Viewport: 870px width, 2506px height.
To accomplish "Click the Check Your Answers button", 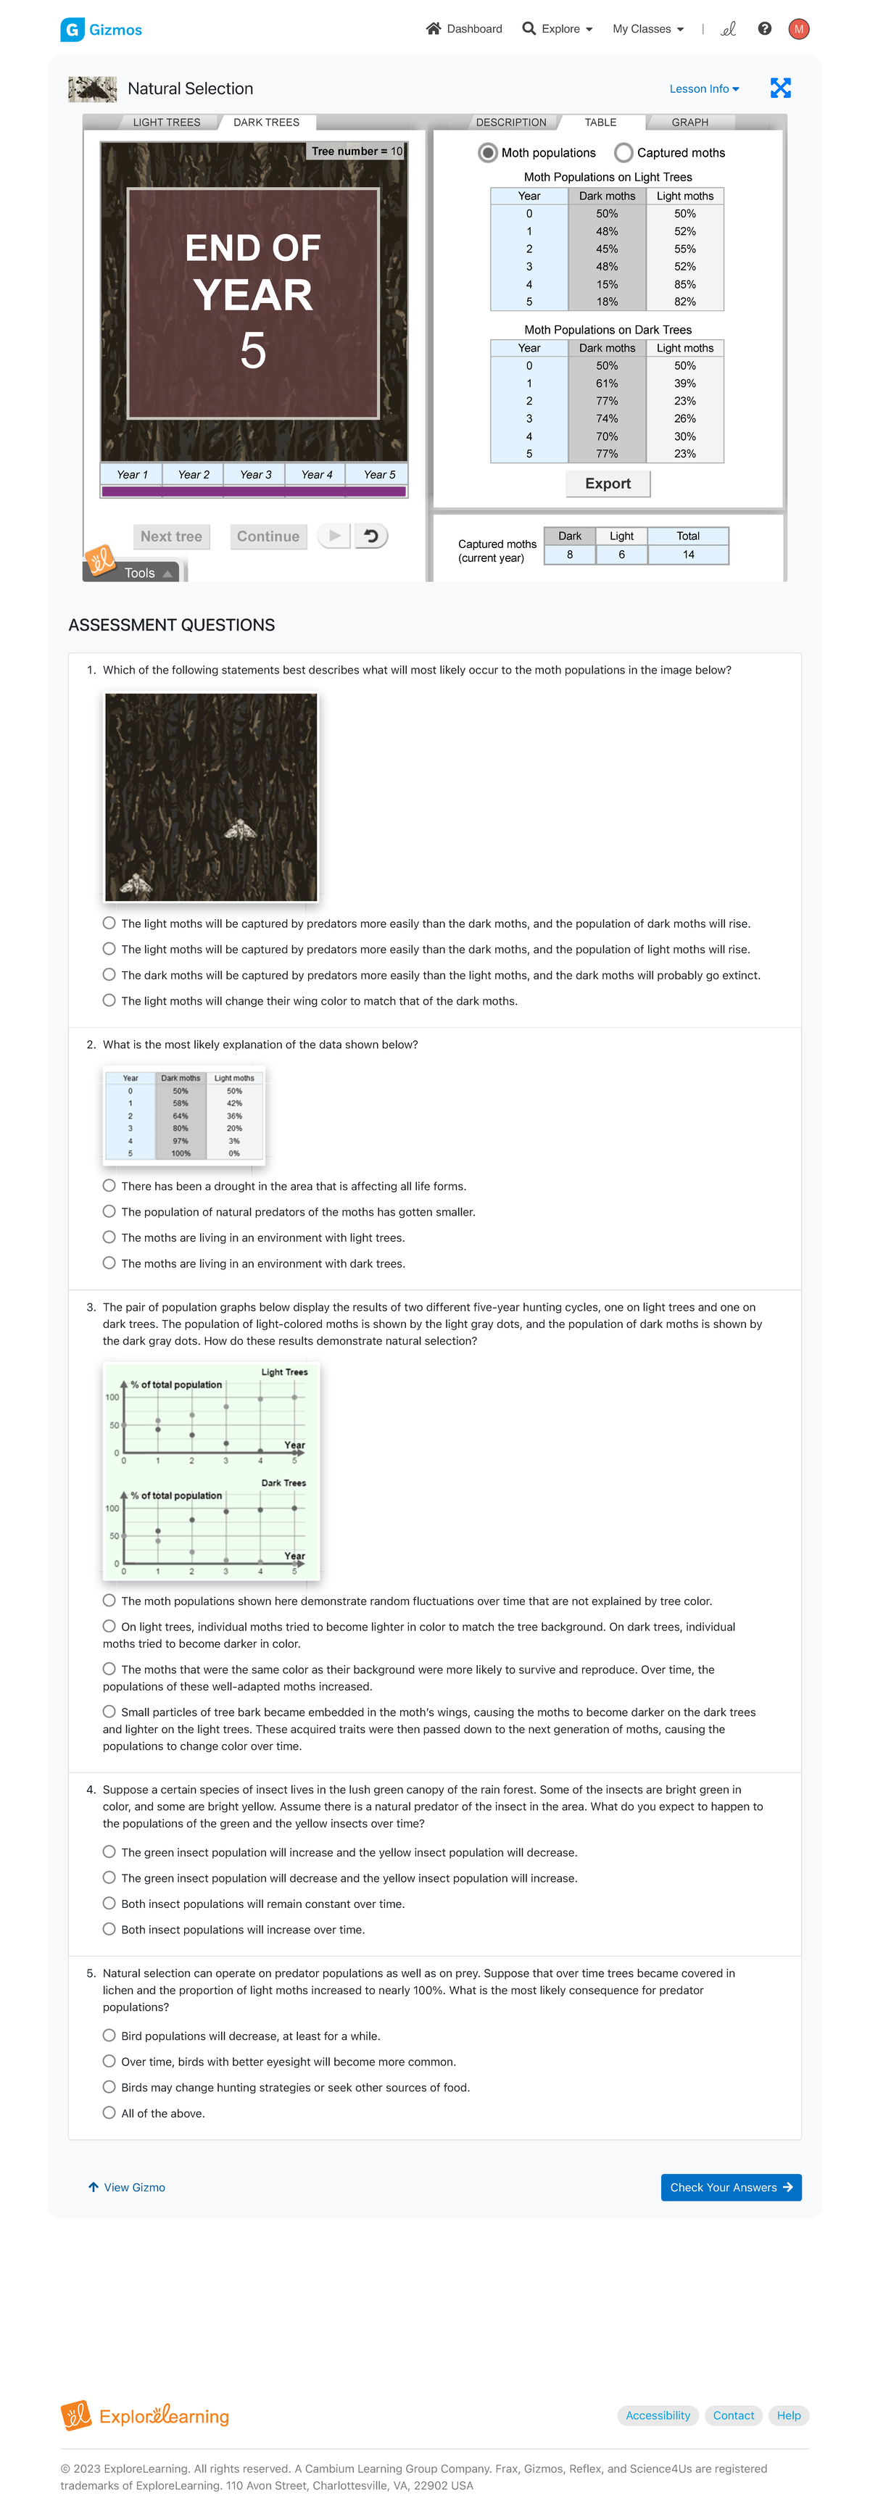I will [730, 2187].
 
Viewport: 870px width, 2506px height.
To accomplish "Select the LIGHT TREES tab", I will [167, 123].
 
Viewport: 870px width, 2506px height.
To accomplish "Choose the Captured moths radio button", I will [623, 153].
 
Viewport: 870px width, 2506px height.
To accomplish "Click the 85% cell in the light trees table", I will [684, 284].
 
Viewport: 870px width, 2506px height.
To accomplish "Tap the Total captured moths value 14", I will [688, 555].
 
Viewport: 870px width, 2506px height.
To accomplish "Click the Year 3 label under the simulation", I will [255, 475].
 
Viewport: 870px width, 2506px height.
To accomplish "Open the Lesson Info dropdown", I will [703, 88].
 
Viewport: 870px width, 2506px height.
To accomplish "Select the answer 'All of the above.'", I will [109, 2113].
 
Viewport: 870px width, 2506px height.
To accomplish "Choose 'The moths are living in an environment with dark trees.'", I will [109, 1263].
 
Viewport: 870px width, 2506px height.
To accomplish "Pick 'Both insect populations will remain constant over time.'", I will [109, 1903].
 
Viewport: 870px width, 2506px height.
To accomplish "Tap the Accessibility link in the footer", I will [657, 2415].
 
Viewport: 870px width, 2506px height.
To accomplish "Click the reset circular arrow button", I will [370, 536].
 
